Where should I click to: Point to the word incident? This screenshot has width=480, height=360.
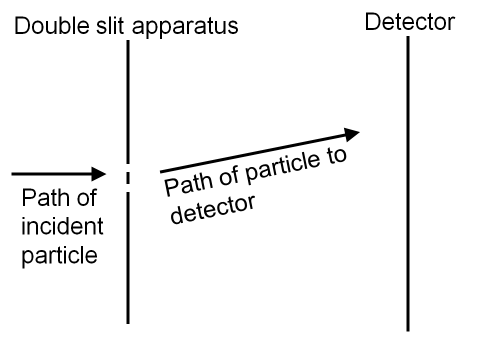coord(62,226)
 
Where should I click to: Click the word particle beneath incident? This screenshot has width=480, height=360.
coord(59,255)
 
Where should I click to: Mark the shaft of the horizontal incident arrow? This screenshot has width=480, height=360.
coord(50,174)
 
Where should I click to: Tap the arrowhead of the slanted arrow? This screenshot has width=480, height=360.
coord(351,133)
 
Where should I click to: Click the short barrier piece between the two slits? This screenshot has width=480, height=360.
coord(128,177)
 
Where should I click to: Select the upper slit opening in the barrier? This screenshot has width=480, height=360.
coord(128,167)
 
